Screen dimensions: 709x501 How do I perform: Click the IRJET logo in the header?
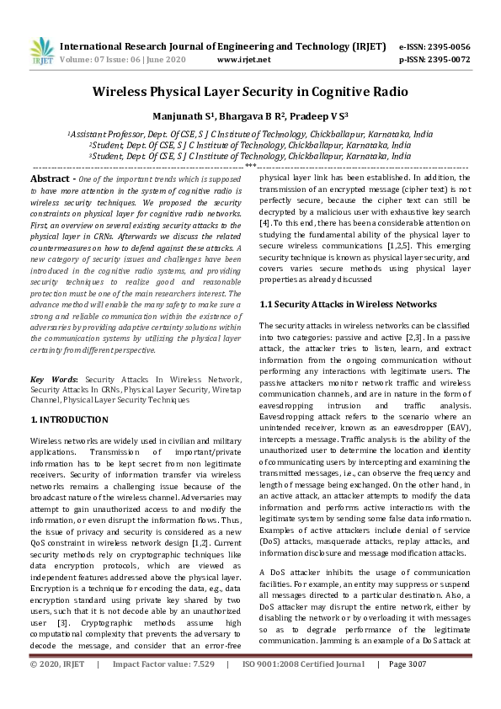click(x=36, y=51)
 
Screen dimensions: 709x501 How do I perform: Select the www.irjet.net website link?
click(x=243, y=60)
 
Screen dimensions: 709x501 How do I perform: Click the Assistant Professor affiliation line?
click(x=250, y=134)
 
